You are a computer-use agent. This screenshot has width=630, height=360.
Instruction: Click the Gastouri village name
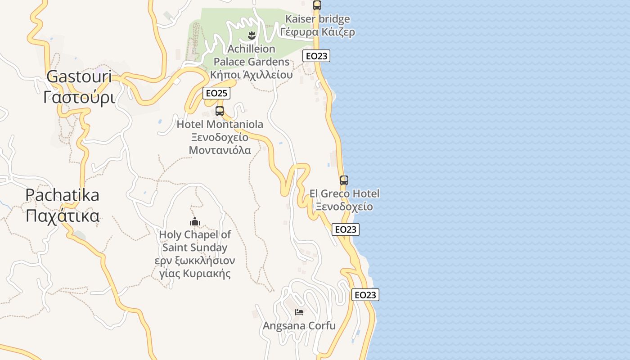[79, 76]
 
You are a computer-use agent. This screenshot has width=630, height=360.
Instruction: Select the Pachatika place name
[63, 195]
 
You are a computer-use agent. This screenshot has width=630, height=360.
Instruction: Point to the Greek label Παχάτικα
[63, 216]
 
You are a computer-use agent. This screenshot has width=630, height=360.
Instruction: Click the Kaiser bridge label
[318, 19]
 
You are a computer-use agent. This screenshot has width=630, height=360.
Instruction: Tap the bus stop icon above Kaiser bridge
[317, 5]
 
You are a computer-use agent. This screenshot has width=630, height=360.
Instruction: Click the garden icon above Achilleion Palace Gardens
[252, 35]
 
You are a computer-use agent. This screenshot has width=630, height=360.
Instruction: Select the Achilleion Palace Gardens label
[252, 55]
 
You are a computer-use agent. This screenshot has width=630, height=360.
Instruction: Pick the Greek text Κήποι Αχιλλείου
[252, 75]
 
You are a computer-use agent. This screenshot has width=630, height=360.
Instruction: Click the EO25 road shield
[216, 93]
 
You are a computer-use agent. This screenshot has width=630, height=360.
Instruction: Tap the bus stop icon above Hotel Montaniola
[220, 111]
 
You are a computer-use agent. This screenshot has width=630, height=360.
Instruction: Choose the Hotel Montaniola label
[220, 124]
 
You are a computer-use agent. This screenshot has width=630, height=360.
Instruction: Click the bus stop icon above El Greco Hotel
[344, 180]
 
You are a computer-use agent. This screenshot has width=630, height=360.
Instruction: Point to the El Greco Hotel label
[344, 194]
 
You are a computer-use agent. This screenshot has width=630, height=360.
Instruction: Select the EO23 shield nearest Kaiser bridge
[316, 56]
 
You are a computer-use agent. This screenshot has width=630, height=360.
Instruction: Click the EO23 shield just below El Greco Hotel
[346, 229]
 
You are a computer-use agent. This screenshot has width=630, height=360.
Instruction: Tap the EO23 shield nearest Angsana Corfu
[365, 295]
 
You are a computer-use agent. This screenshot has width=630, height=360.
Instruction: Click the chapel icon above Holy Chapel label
[195, 221]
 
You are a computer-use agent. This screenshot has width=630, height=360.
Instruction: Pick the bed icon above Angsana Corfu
[299, 312]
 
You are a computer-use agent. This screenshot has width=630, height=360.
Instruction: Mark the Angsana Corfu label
[299, 326]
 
